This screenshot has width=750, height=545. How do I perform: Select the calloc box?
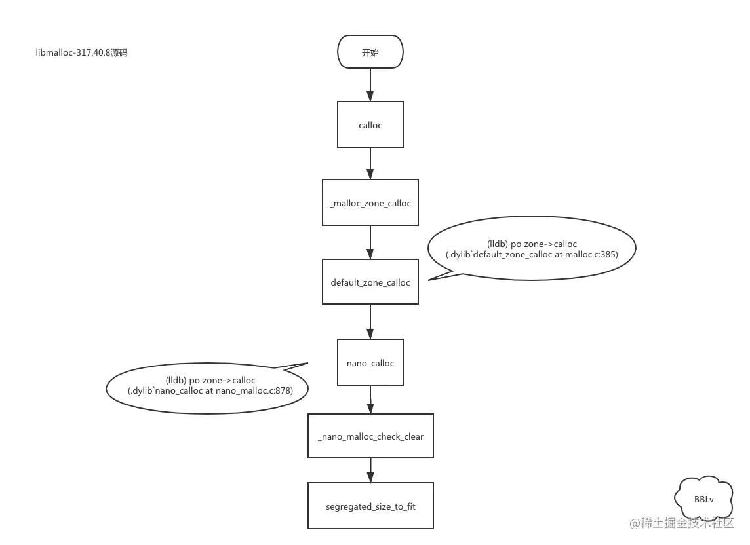point(370,124)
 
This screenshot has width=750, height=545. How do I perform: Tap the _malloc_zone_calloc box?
point(370,203)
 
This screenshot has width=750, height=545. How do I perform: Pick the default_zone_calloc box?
point(370,282)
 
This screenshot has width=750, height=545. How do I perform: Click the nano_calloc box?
point(370,362)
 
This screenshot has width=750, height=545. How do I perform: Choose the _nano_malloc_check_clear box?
point(370,436)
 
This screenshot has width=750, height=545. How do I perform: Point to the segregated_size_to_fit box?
point(370,506)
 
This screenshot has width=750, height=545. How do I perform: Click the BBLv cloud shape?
point(704,499)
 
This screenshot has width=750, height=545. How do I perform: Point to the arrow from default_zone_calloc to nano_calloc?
point(370,322)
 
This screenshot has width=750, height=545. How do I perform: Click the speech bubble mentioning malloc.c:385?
point(531,249)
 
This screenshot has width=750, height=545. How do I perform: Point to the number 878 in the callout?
point(283,391)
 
